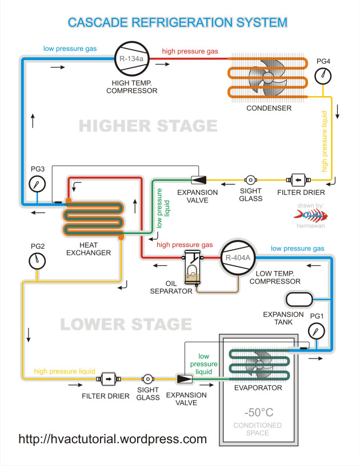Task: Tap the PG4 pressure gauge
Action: tap(323, 75)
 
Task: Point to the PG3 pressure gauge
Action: tap(38, 184)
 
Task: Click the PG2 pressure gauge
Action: tap(38, 260)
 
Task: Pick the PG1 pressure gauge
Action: tap(316, 330)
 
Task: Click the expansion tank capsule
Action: tap(299, 299)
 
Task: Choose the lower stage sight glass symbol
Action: tap(147, 379)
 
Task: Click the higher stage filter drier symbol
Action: tap(298, 179)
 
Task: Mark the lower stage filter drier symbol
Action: tap(107, 379)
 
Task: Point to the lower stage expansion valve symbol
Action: tap(184, 379)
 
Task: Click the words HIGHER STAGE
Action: tap(147, 125)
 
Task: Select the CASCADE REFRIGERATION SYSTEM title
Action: tap(177, 22)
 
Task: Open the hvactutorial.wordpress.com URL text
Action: tap(113, 439)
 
